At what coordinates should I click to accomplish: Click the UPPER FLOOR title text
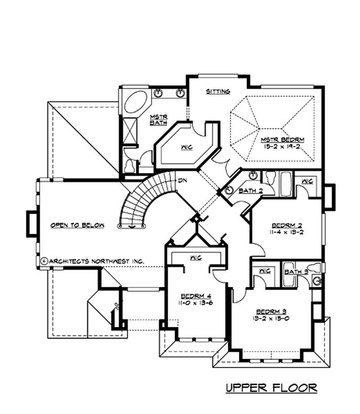[x=271, y=387]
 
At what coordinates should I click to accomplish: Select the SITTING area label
[x=218, y=91]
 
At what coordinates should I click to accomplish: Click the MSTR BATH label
[x=158, y=119]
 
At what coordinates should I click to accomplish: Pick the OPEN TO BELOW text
[x=77, y=225]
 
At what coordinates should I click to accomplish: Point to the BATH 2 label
[x=250, y=191]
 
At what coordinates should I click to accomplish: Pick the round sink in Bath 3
[x=317, y=281]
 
